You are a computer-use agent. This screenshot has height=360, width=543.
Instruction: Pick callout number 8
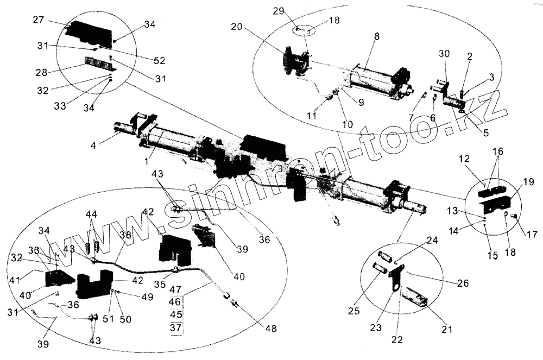(377, 36)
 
